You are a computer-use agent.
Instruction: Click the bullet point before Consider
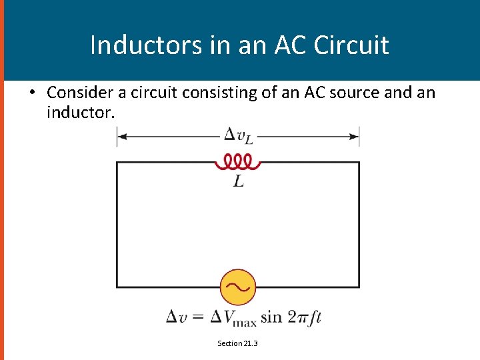click(x=31, y=93)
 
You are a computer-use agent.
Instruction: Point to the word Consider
click(x=79, y=93)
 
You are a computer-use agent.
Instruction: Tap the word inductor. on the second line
click(x=81, y=113)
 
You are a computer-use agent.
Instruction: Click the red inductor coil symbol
click(x=237, y=161)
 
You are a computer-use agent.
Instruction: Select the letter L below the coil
click(x=238, y=181)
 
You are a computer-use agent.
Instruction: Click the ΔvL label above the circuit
click(x=238, y=136)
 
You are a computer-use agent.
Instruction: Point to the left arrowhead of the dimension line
click(x=121, y=137)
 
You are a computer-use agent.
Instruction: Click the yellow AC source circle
click(x=238, y=287)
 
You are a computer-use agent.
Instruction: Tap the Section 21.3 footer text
click(x=237, y=343)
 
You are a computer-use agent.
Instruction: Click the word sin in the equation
click(x=271, y=317)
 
